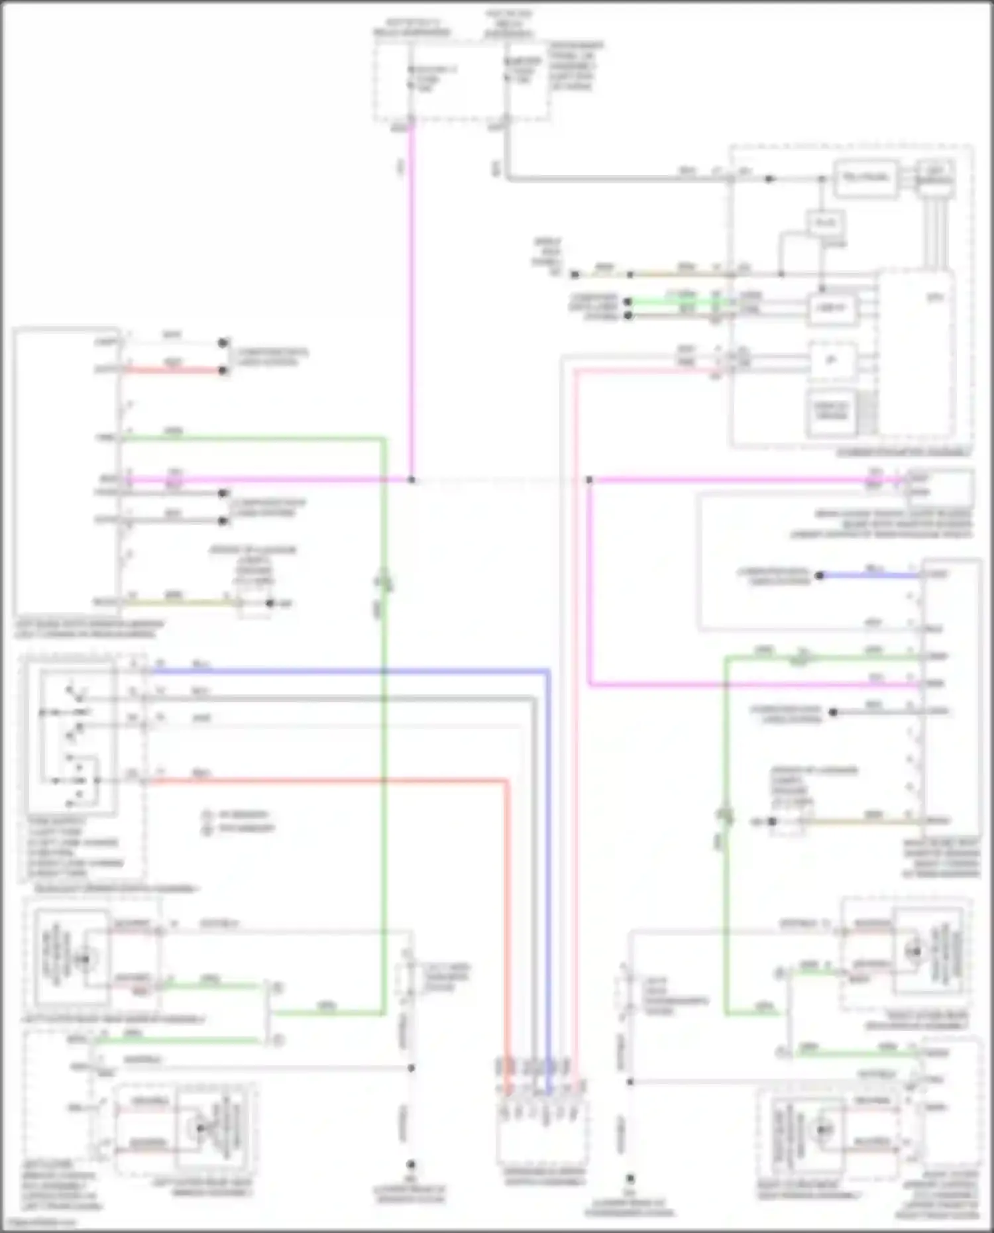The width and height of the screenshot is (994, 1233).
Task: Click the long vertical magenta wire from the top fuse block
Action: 411,298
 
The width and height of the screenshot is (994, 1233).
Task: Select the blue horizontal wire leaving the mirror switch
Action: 345,671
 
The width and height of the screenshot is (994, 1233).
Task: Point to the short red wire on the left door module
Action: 174,370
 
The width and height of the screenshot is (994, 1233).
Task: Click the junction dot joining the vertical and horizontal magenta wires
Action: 412,480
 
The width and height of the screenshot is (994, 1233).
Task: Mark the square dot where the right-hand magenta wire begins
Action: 589,480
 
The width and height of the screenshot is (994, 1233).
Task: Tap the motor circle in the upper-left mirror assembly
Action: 84,958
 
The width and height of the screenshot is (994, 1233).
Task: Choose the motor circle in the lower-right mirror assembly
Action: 823,1129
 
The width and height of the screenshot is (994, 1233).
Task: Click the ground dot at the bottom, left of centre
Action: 411,1164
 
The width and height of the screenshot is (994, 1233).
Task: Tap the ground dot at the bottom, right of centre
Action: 630,1179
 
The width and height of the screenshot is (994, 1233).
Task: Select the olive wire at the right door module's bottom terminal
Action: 861,822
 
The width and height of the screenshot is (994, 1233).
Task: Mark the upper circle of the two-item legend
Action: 207,815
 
